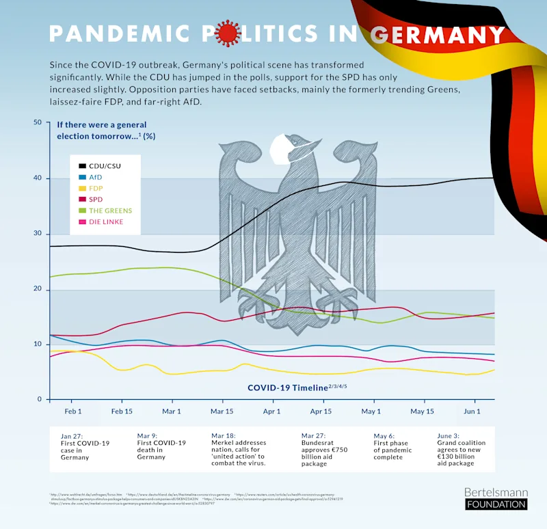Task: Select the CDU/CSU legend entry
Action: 105,166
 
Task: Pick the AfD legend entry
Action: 95,177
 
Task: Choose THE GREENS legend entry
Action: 110,211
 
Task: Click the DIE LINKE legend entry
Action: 105,221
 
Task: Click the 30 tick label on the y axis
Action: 38,234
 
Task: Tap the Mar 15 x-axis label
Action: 222,411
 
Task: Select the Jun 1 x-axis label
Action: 472,411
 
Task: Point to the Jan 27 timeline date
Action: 71,435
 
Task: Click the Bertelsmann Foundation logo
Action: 496,498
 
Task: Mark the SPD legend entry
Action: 95,199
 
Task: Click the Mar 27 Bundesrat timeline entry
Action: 325,449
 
